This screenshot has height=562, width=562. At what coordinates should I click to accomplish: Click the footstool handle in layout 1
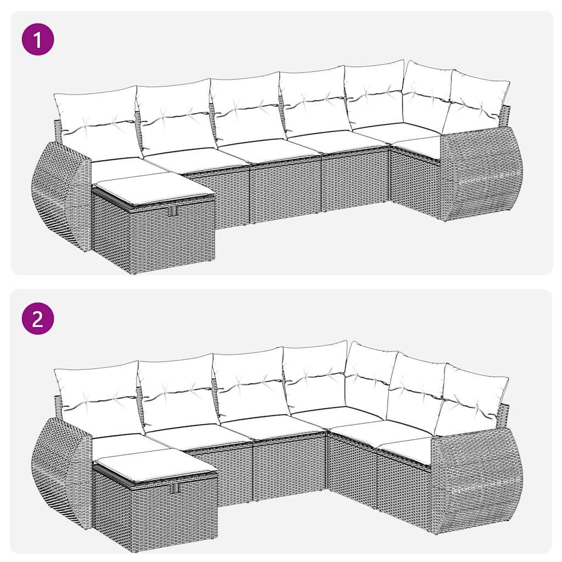[x=174, y=212]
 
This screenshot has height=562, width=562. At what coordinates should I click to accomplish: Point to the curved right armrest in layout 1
[x=481, y=173]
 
